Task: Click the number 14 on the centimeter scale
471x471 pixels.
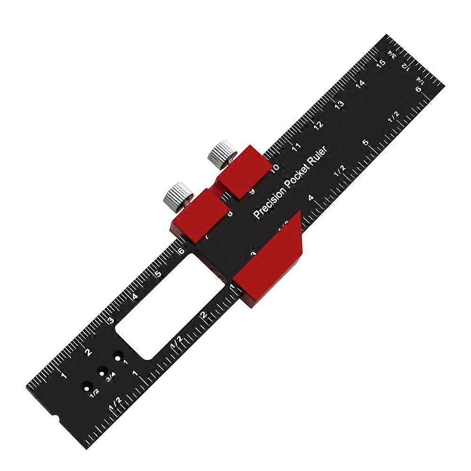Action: click(x=360, y=83)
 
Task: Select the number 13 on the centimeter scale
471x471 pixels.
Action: click(x=338, y=104)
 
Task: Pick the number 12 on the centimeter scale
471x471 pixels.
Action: click(x=318, y=125)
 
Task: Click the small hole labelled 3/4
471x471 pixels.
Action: click(x=101, y=371)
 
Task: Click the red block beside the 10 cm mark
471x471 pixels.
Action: click(x=242, y=172)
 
